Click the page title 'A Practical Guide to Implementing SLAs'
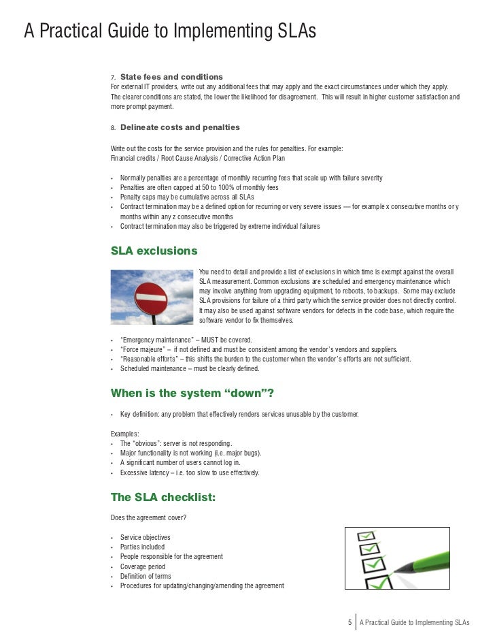point(170,31)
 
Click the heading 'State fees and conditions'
point(171,76)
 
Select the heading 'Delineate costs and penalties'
point(180,127)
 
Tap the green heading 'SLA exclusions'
point(154,251)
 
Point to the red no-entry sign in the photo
point(151,298)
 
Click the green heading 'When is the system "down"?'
point(192,394)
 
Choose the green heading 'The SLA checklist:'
point(163,498)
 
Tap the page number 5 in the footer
point(349,622)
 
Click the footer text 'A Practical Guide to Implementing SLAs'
point(415,622)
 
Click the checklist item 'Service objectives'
point(145,538)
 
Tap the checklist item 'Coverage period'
point(143,566)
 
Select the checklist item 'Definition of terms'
point(146,576)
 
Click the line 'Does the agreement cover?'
point(148,517)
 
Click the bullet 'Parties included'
point(142,547)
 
